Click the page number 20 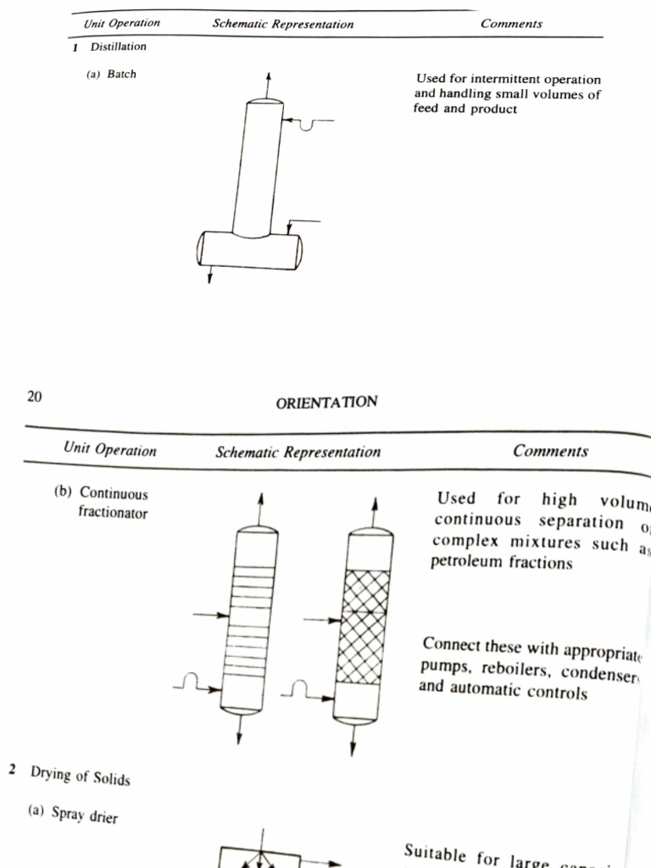coord(34,395)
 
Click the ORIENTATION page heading coord(326,402)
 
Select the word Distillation coord(118,47)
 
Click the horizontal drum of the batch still coord(249,250)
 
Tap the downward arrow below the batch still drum coord(209,275)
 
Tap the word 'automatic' coord(487,692)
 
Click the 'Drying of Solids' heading coord(81,775)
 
